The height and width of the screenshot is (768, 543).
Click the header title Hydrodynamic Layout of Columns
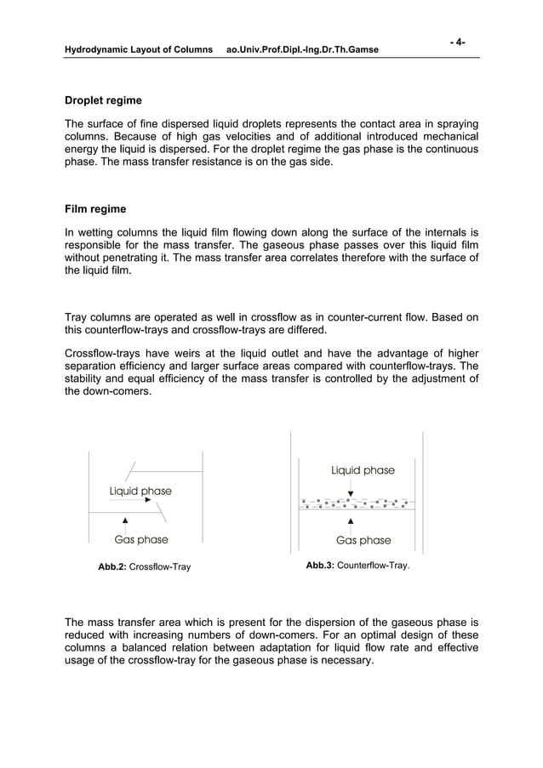pos(139,51)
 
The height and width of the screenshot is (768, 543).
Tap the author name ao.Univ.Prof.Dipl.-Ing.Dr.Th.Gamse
pos(302,51)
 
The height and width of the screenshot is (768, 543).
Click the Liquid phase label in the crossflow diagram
pos(140,491)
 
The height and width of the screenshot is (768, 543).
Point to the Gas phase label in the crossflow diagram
pos(141,539)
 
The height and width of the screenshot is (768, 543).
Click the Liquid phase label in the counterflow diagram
pos(363,470)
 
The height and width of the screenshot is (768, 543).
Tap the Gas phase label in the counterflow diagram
pos(363,540)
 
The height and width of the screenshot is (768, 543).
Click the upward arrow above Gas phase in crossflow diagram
pos(126,521)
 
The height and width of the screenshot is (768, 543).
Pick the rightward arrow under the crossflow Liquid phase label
pos(150,501)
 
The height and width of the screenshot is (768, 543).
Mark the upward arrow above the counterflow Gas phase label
pos(351,520)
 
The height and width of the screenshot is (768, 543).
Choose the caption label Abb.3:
pos(319,565)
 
